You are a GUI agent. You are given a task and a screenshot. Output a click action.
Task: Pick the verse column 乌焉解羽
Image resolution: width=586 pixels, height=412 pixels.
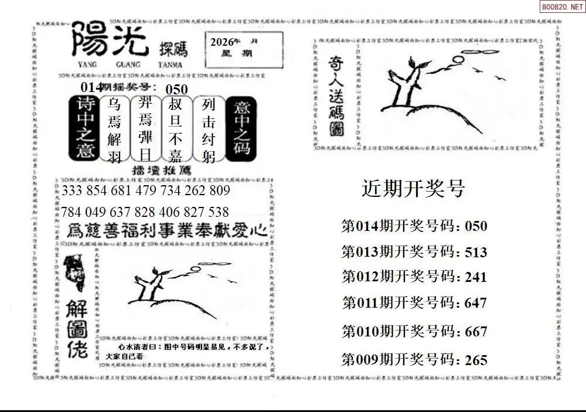114,130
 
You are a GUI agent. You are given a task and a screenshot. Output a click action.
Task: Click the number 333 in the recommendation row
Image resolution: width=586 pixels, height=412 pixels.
73,192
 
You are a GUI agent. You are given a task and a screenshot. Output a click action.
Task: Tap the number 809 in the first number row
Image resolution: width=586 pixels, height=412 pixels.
219,192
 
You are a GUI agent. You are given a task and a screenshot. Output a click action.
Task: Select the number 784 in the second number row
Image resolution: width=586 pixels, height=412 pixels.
73,212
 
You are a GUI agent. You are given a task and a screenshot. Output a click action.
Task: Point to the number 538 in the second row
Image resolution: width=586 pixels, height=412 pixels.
217,212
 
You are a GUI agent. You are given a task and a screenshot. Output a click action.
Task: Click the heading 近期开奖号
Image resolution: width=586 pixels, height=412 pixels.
413,189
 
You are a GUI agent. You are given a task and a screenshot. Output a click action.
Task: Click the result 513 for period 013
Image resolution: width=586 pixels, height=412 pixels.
475,252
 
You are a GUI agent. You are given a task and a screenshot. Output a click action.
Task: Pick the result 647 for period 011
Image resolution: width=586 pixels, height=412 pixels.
475,303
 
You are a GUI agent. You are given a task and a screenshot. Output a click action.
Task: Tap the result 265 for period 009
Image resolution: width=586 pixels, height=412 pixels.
475,360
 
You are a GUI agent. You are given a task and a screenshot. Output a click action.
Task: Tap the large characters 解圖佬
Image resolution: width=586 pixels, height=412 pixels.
78,330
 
